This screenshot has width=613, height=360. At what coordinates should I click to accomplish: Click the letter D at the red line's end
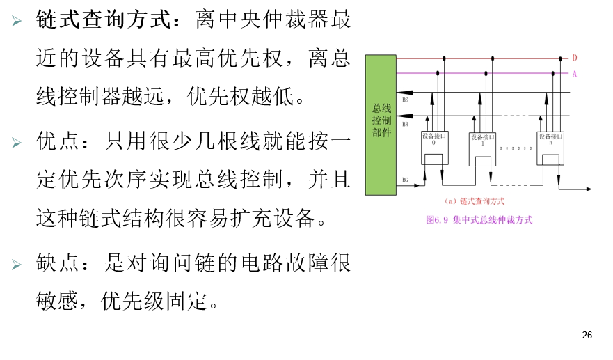point(575,58)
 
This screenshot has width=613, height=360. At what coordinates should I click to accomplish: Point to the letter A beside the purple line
point(575,74)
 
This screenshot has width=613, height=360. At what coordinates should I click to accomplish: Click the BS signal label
point(405,101)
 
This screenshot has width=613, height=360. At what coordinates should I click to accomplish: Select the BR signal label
point(405,124)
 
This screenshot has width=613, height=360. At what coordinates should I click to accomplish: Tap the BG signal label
point(405,180)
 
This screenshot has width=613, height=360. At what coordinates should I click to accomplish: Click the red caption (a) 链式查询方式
point(474,201)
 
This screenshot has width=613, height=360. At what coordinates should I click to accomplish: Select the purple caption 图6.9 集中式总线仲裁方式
point(479,219)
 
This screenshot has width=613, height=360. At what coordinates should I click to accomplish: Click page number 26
point(587,336)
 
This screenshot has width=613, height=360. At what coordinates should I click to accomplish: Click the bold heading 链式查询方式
point(104,19)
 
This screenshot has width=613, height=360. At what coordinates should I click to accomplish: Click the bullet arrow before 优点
point(17,143)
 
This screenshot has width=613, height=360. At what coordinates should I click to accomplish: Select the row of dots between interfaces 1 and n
point(516,148)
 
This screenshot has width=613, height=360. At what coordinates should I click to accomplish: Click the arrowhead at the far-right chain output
point(589,189)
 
